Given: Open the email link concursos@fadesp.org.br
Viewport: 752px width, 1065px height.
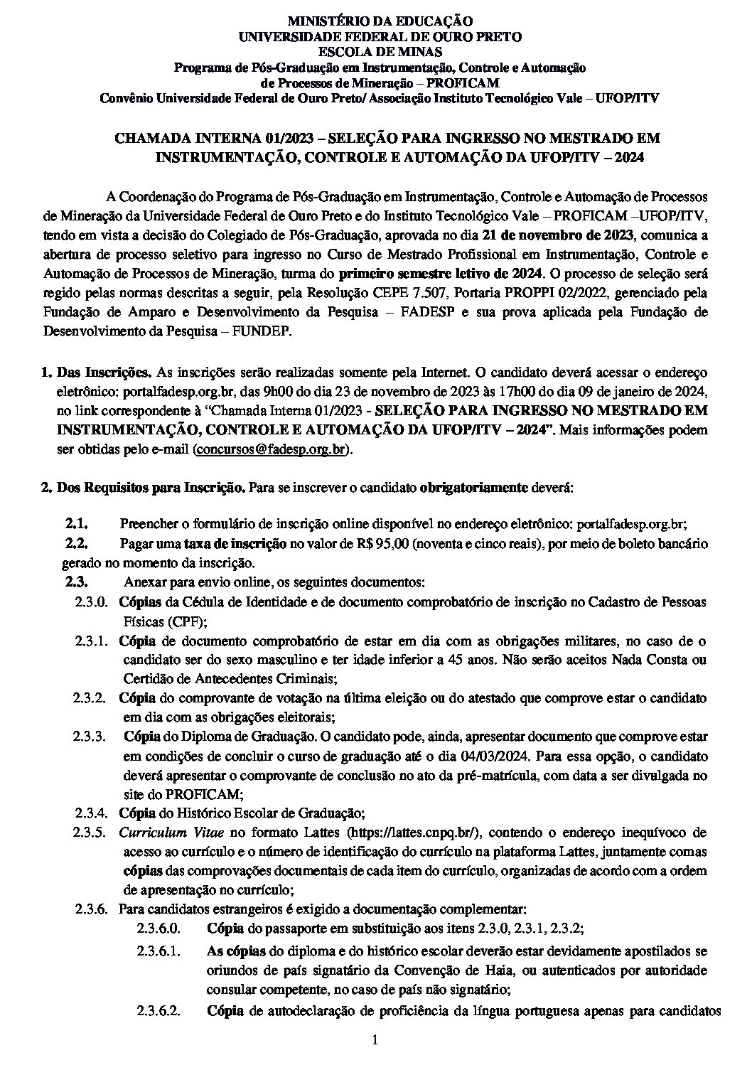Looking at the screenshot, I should point(273,449).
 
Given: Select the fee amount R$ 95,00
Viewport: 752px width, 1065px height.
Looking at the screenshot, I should point(382,544).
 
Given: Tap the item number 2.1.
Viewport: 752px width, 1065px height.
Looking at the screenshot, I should point(76,524).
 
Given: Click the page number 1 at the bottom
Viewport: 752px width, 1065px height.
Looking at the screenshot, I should point(376,1041).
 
